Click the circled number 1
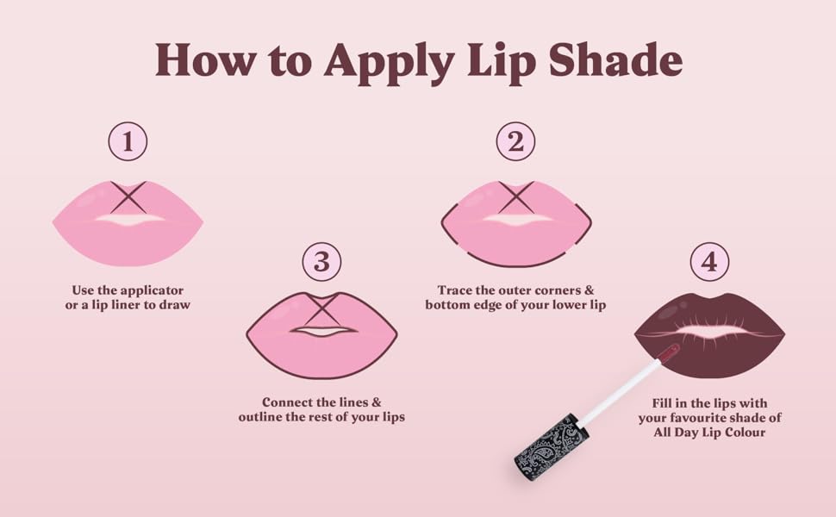[128, 142]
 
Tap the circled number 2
[515, 142]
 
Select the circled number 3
[321, 261]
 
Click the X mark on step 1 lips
[128, 197]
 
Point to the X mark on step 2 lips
[516, 197]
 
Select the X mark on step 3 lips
[321, 308]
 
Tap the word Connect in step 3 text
[290, 402]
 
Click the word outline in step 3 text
[265, 417]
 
